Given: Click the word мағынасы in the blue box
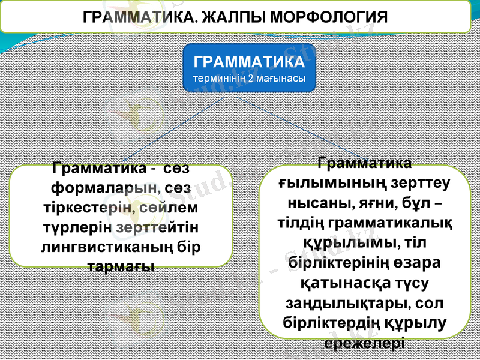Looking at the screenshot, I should tap(281, 79).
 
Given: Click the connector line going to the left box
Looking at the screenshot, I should tap(174, 129).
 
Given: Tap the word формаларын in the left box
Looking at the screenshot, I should tap(106, 188).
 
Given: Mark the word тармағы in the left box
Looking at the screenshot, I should tap(121, 266).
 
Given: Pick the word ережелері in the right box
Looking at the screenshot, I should tap(364, 343).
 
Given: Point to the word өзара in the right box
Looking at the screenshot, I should tap(416, 263).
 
